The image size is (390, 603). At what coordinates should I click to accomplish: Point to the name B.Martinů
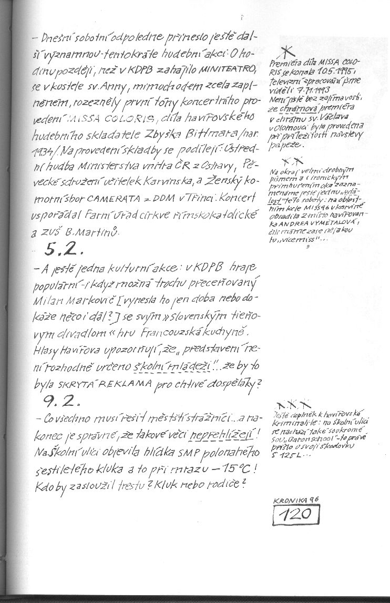point(99,232)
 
